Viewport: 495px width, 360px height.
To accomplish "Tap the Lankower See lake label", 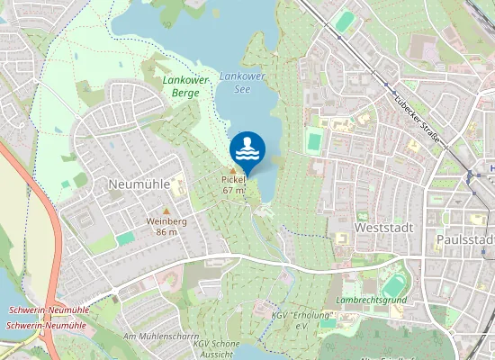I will point(242,84).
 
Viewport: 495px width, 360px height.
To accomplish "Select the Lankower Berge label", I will point(186,86).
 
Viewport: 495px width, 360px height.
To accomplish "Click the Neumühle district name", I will point(138,183).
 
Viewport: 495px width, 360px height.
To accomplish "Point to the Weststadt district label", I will point(384,228).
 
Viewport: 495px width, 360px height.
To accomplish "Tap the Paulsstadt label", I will point(464,239).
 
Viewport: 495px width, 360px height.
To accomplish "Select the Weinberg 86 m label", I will point(166,226).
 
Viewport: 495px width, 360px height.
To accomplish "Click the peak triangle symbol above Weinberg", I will point(166,211).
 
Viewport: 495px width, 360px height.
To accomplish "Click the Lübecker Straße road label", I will point(417,117).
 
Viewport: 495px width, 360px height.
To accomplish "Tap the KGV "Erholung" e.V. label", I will point(302,320).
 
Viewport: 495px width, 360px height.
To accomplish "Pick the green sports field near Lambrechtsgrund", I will point(394,285).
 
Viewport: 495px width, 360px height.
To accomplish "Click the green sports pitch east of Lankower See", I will point(314,140).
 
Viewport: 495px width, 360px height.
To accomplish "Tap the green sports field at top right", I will point(345,21).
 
